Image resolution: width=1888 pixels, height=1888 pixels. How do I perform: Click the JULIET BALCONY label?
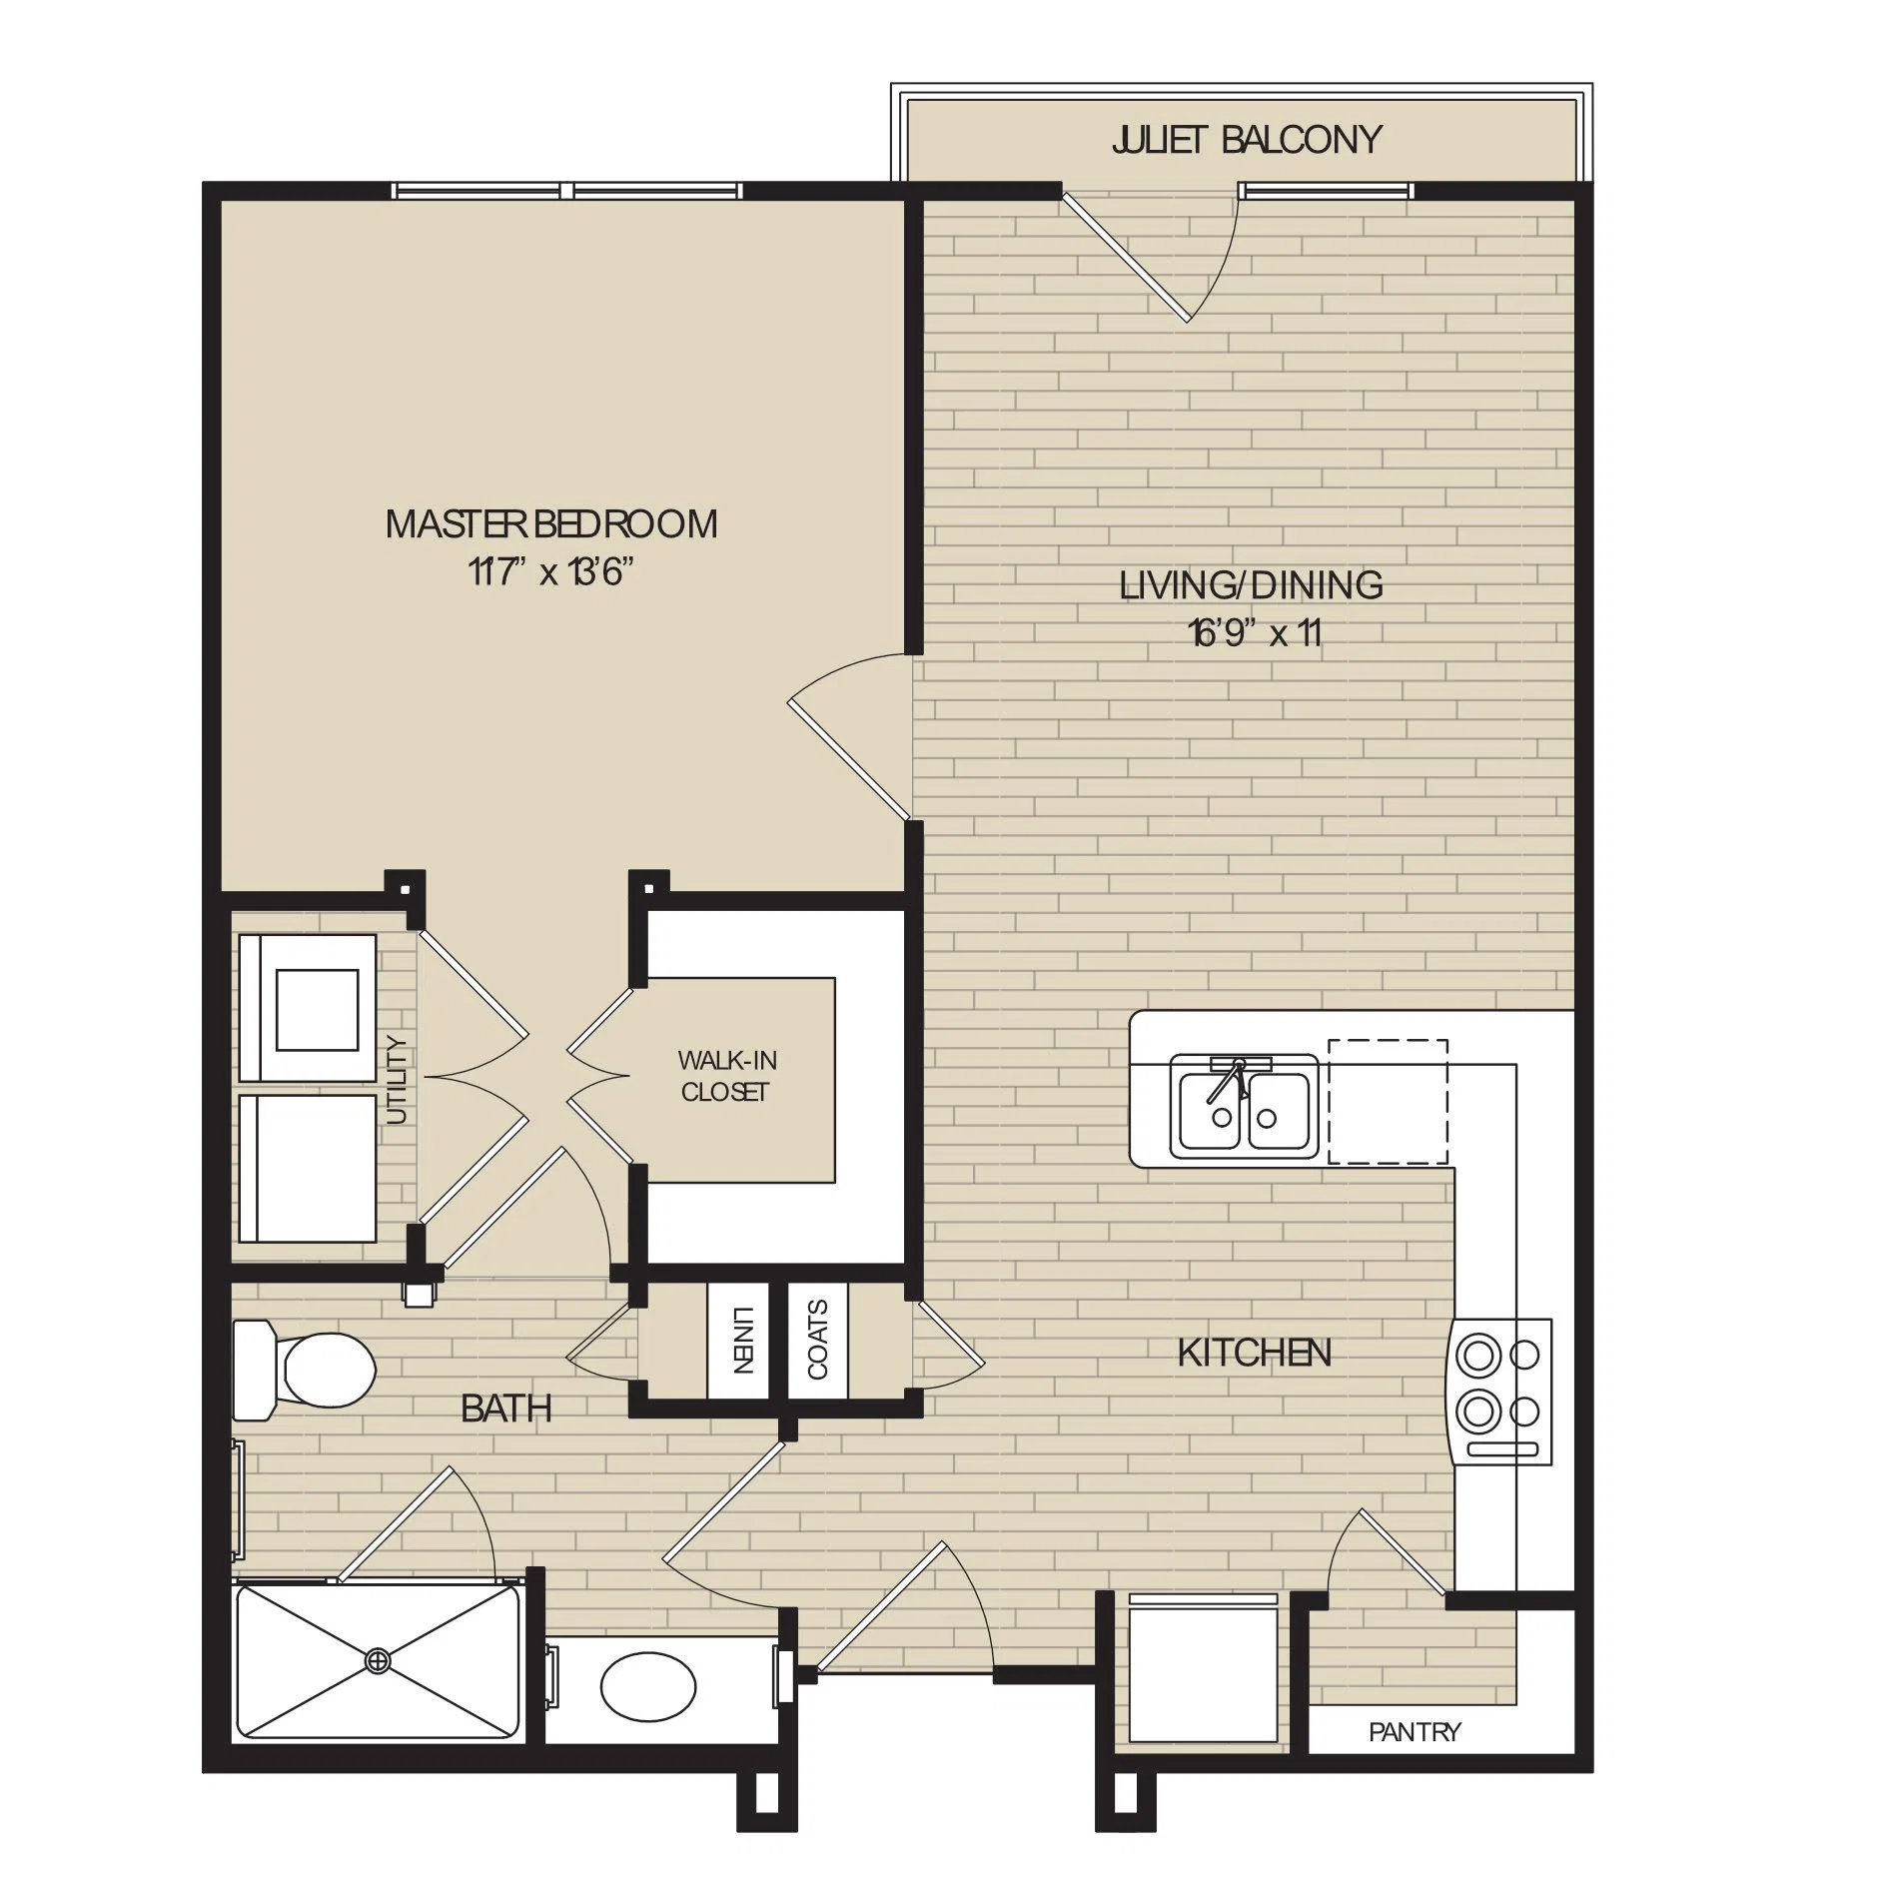pyautogui.click(x=1246, y=139)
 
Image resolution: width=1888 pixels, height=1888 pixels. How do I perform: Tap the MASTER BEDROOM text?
pyautogui.click(x=551, y=523)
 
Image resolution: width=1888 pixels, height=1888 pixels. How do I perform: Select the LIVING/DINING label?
pyautogui.click(x=1251, y=584)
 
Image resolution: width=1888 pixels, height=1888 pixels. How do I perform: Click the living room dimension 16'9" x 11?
pyautogui.click(x=1255, y=633)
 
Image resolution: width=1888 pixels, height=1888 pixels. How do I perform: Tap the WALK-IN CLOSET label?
pyautogui.click(x=726, y=1076)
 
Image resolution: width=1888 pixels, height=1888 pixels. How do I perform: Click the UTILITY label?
pyautogui.click(x=398, y=1081)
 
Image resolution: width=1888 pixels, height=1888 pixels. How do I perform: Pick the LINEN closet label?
pyautogui.click(x=740, y=1340)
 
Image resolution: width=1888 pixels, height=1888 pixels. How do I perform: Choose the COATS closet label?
pyautogui.click(x=818, y=1340)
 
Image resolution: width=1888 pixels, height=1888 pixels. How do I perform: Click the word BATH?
pyautogui.click(x=506, y=1409)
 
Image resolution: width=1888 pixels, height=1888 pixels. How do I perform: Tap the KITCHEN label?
pyautogui.click(x=1254, y=1353)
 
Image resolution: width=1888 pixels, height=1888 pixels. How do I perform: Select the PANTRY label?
pyautogui.click(x=1415, y=1731)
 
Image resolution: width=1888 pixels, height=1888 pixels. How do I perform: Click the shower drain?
pyautogui.click(x=378, y=1660)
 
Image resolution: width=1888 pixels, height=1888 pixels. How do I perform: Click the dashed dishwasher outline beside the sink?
pyautogui.click(x=1388, y=1101)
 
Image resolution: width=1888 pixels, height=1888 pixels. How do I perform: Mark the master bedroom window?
pyautogui.click(x=566, y=190)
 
